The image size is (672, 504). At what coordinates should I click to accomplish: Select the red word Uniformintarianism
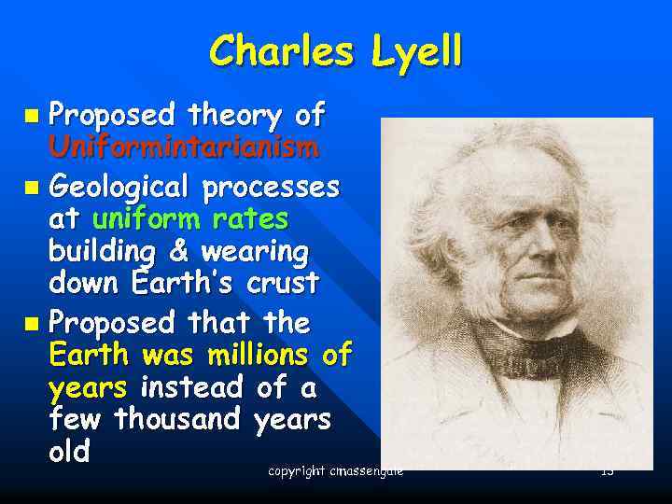(185, 147)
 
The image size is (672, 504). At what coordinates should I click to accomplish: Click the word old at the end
(69, 454)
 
